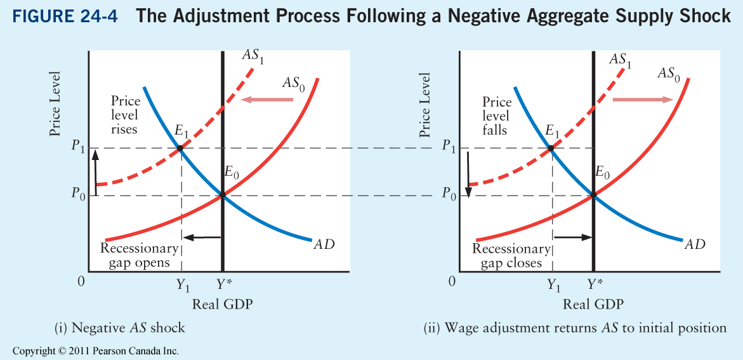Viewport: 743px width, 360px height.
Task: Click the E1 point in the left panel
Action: click(180, 149)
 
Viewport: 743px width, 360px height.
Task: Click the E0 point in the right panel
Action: click(593, 196)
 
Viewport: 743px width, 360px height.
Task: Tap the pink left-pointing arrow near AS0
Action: click(267, 100)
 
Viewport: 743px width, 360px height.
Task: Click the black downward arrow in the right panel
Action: click(468, 173)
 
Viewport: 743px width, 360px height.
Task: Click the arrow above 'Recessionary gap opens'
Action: click(202, 237)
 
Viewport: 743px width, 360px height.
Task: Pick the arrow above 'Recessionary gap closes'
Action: click(572, 237)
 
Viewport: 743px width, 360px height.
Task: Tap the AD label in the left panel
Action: click(324, 244)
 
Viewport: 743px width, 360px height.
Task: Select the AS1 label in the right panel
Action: click(621, 60)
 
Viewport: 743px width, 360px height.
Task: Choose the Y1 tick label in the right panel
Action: click(555, 284)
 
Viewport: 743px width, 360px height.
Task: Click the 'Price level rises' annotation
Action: click(125, 116)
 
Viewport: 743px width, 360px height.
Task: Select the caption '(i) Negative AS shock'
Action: click(120, 328)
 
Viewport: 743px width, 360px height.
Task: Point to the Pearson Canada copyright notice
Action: click(96, 350)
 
